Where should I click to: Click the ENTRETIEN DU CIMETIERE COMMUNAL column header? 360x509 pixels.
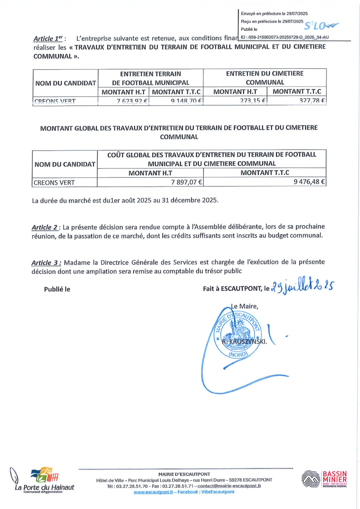point(265,78)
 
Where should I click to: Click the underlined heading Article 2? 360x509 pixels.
point(45,227)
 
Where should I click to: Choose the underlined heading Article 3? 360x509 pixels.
point(45,263)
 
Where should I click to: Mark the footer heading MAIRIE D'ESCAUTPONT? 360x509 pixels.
point(184,474)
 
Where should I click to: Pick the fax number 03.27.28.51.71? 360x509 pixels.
point(176,486)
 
